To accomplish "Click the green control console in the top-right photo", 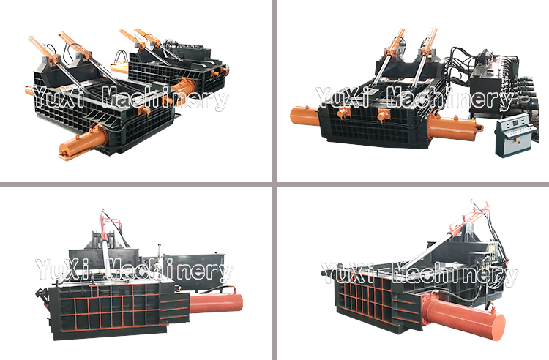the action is click(515, 135).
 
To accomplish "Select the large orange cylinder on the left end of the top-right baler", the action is click(304, 116).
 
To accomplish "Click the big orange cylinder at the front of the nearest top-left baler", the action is click(83, 140).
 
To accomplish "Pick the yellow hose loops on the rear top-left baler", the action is click(122, 57).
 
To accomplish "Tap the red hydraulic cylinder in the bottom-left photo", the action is click(216, 303).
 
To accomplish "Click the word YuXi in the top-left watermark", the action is click(58, 97).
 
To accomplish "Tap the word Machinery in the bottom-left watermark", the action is click(169, 271).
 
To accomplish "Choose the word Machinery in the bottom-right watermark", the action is click(455, 274).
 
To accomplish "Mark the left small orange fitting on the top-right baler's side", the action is click(343, 114).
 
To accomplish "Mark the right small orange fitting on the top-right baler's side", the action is click(384, 116).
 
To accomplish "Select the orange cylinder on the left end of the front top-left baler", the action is click(29, 91).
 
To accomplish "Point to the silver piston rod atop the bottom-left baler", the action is click(105, 255).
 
